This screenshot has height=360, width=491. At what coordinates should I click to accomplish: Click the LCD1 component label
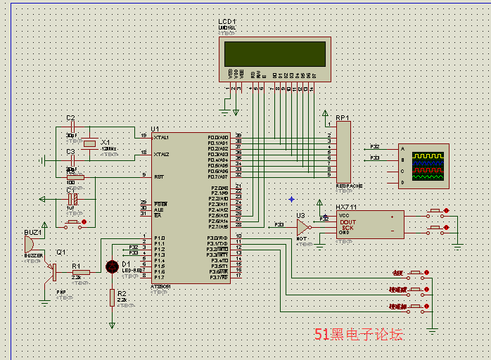click(227, 22)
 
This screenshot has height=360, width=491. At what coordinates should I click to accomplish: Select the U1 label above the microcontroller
click(155, 129)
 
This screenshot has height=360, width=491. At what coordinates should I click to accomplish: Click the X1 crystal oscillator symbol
click(90, 144)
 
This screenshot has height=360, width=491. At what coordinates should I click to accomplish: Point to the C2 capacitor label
click(70, 117)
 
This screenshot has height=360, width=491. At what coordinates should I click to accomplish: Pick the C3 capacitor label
click(70, 151)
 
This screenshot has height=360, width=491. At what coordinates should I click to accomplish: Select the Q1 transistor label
click(61, 252)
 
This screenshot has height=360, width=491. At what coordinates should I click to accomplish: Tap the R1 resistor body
click(81, 272)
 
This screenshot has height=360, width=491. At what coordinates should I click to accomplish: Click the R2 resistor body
click(112, 297)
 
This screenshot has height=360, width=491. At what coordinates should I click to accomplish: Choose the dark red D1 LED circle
click(111, 266)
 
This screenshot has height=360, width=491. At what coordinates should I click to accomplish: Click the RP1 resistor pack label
click(343, 117)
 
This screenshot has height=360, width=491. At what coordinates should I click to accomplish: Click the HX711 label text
click(347, 207)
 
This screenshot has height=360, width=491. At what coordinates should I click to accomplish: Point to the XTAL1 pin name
click(162, 137)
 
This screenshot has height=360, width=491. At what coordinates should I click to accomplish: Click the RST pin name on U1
click(159, 176)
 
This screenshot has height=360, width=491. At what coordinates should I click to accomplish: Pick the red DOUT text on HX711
click(347, 221)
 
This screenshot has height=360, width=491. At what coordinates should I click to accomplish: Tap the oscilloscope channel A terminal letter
click(402, 148)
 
